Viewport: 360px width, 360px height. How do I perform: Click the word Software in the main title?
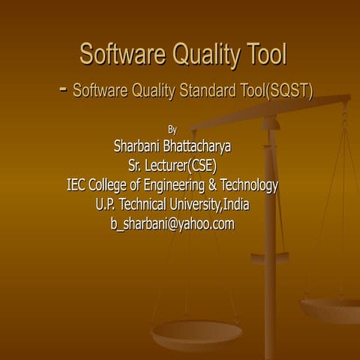tap(122, 55)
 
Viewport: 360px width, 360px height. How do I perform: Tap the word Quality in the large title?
tap(206, 55)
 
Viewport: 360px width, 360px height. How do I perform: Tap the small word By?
tap(172, 129)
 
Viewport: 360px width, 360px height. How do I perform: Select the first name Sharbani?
tap(137, 145)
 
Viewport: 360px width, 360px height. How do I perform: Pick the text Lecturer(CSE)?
tap(181, 165)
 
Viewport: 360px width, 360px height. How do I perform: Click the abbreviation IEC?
tap(77, 184)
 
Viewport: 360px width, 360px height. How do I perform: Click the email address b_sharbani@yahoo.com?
tap(172, 223)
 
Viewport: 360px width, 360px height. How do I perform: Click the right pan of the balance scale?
tap(331, 307)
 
